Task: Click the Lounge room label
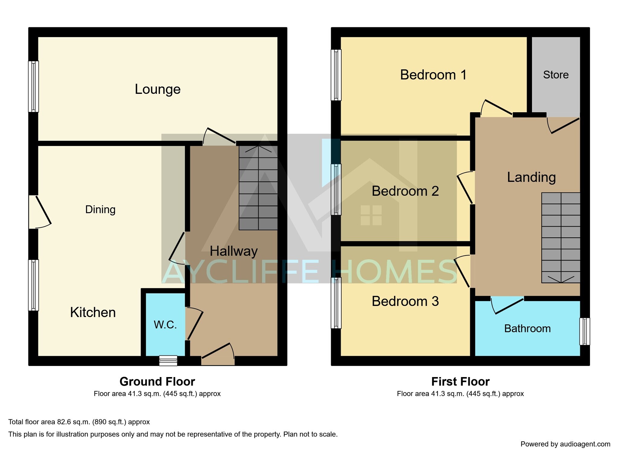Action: (158, 89)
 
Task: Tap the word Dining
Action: (100, 210)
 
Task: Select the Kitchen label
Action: (93, 312)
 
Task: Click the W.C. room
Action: (165, 325)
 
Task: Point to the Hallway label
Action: (234, 251)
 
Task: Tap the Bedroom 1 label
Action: (433, 75)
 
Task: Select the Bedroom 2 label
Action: (405, 191)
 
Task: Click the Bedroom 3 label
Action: (405, 301)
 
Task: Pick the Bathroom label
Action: (527, 329)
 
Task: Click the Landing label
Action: (531, 177)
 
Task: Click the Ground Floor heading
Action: (157, 382)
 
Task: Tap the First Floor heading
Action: (460, 382)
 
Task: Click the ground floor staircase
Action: (258, 188)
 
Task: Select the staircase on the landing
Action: (561, 238)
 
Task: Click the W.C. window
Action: (168, 361)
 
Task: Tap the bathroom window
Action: (585, 331)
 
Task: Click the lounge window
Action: (33, 87)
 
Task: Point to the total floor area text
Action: (79, 422)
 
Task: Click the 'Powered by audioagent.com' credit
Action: (565, 444)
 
